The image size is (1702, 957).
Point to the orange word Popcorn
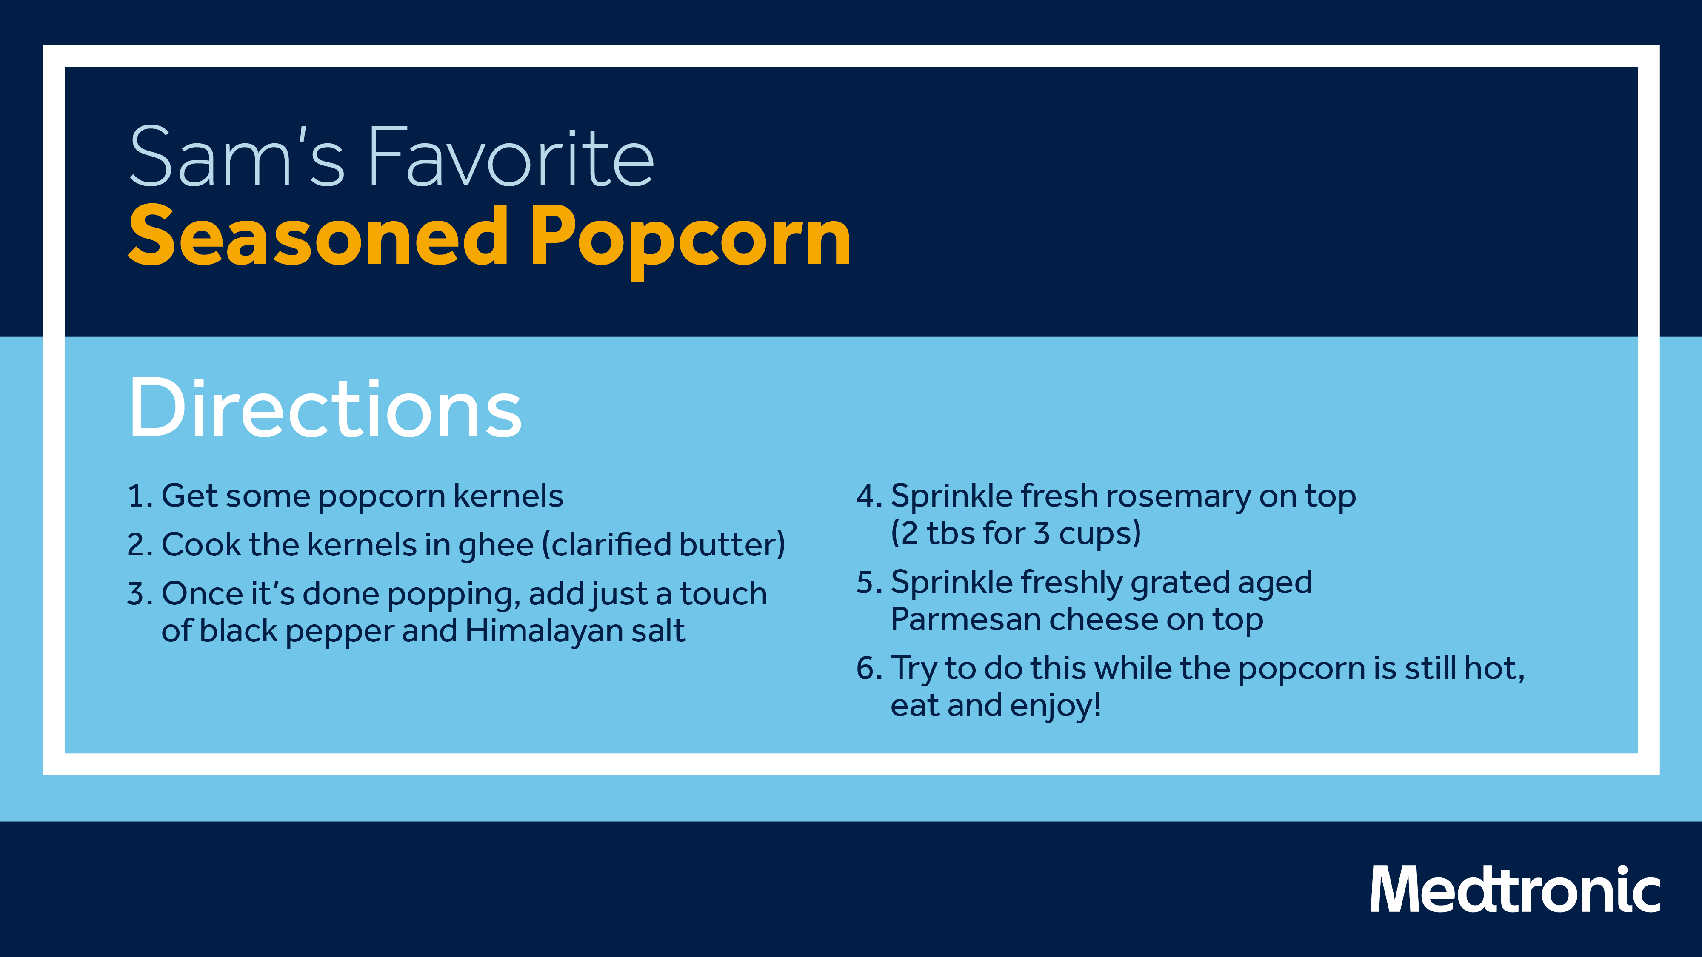coord(691,242)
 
